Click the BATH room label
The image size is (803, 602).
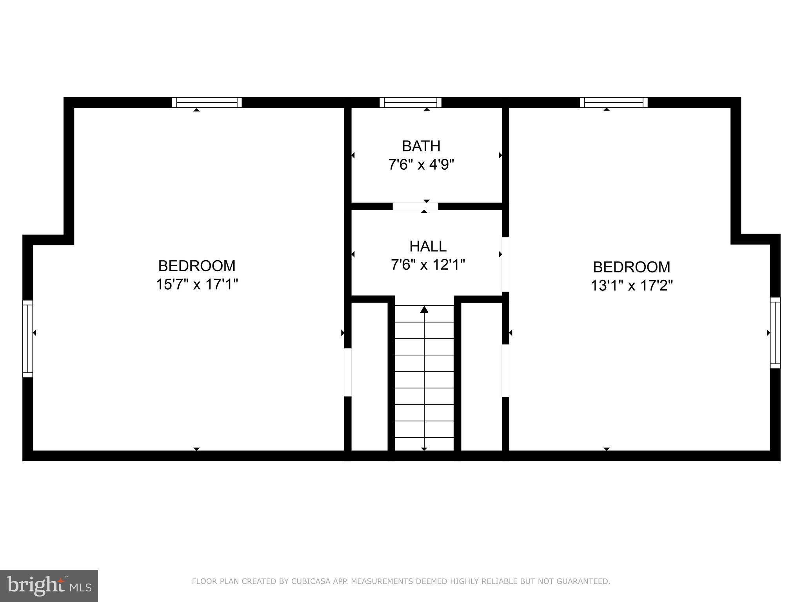point(421,146)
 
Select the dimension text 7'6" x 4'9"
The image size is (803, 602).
point(421,165)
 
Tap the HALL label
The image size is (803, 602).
point(428,247)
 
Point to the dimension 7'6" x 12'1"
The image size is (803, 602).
point(428,265)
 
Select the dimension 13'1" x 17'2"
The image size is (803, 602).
point(632,286)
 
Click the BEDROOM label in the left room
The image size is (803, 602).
point(197,266)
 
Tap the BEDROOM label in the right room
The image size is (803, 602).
point(632,267)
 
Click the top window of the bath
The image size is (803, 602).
point(411,102)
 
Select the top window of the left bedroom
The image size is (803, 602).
point(207,102)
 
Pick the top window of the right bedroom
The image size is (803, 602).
point(614,102)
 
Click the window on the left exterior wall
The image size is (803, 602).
point(27,339)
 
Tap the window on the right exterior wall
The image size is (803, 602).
point(775,333)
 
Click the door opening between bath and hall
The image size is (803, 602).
point(415,206)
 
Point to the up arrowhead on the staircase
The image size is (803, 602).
point(424,310)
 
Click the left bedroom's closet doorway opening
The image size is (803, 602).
point(348,372)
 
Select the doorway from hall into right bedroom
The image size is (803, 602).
point(505,264)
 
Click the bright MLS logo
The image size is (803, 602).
point(49,586)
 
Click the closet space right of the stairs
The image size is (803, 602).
point(481,376)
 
